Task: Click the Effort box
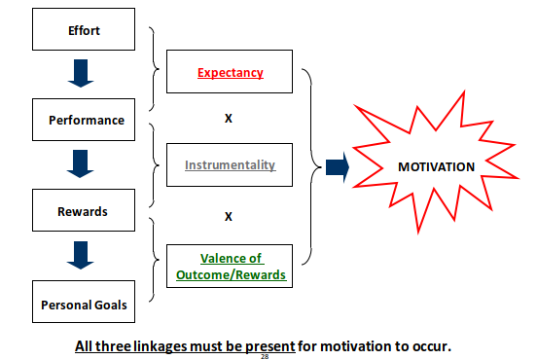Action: [84, 29]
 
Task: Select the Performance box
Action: [84, 120]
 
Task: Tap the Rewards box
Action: [84, 210]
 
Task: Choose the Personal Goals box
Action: [84, 302]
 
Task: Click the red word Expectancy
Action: [231, 73]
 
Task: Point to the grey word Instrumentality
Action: [231, 164]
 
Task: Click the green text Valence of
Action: [232, 258]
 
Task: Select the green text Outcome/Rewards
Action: [231, 274]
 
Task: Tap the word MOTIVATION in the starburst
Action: [436, 166]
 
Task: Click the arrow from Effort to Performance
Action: [81, 73]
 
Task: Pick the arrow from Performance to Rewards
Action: [81, 163]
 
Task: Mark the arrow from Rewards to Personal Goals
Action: [81, 255]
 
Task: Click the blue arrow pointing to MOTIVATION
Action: [338, 167]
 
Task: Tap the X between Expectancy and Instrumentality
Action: [229, 118]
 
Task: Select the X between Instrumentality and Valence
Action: [229, 216]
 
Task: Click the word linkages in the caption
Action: [161, 346]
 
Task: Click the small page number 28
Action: [265, 356]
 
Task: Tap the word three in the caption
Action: [113, 346]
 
